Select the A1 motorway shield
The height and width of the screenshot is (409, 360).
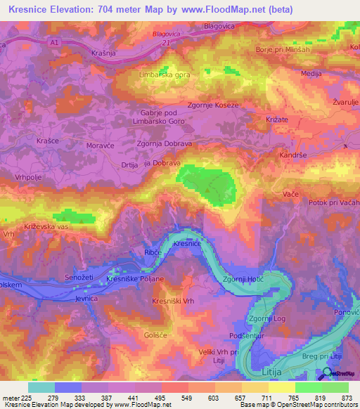(x=54, y=42)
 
